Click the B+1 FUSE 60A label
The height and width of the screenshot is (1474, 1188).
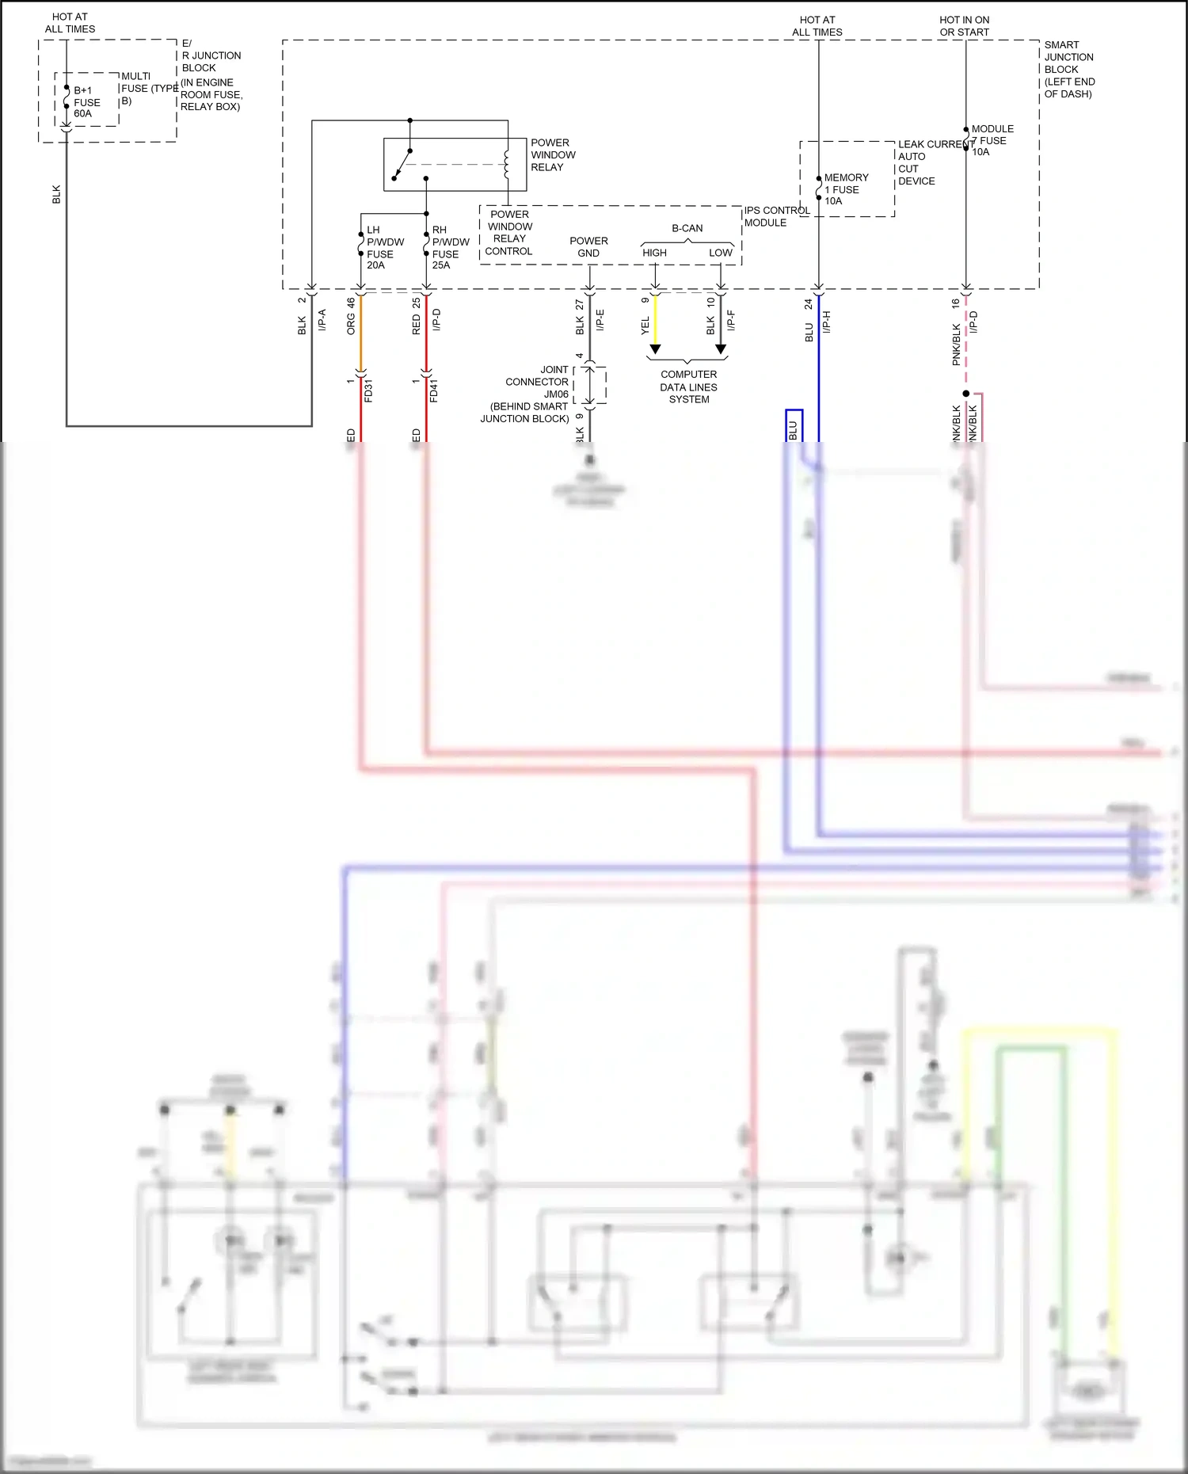pyautogui.click(x=86, y=102)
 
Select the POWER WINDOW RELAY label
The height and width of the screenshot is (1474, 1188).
pyautogui.click(x=552, y=155)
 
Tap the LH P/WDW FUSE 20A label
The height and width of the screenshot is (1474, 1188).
pyautogui.click(x=384, y=248)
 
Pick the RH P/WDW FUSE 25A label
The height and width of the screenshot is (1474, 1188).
pyautogui.click(x=449, y=248)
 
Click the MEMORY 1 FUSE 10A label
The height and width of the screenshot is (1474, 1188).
pyautogui.click(x=845, y=189)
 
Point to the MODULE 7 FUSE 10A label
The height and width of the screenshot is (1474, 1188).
pyautogui.click(x=991, y=140)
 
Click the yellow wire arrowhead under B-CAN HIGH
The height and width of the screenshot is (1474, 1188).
pyautogui.click(x=655, y=349)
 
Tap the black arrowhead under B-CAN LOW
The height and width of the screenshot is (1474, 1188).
pyautogui.click(x=721, y=349)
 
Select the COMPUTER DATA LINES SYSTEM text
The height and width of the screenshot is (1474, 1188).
pyautogui.click(x=688, y=387)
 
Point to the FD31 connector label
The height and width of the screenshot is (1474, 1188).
pyautogui.click(x=368, y=390)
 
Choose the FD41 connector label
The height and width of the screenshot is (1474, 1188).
pyautogui.click(x=434, y=390)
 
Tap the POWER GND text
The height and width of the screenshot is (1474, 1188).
pyautogui.click(x=588, y=247)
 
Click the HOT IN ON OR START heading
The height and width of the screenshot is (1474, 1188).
pyautogui.click(x=964, y=26)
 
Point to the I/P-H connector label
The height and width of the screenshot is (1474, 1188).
pyautogui.click(x=826, y=322)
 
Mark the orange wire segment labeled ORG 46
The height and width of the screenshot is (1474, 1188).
pyautogui.click(x=361, y=333)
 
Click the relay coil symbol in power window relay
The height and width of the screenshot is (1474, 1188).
pyautogui.click(x=506, y=165)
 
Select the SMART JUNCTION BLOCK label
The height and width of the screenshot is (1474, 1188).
pyautogui.click(x=1068, y=70)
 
